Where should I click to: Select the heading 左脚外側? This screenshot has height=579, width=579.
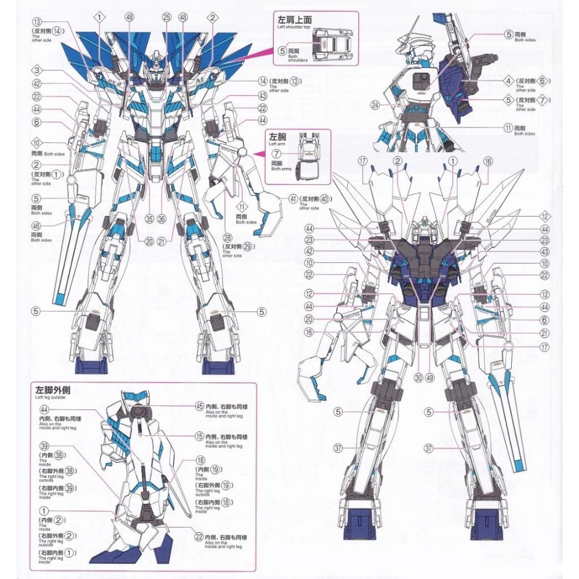tap(52, 389)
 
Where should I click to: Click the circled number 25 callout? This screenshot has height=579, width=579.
tap(167, 18)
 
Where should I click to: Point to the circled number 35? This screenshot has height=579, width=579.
tap(149, 219)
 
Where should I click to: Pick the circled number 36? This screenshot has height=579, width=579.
tap(162, 219)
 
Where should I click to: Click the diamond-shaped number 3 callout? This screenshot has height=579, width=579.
tap(36, 71)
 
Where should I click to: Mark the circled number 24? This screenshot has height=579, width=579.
tap(391, 105)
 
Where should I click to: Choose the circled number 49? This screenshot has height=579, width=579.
tap(430, 375)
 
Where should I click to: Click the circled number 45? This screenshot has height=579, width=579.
tap(200, 406)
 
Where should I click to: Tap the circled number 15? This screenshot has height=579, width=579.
tap(200, 436)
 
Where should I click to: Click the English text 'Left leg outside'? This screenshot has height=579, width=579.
tap(50, 398)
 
